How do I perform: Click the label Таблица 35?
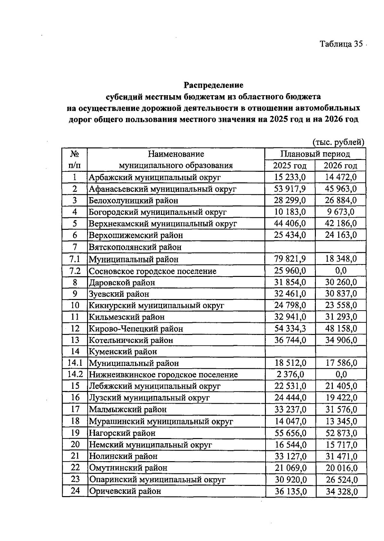tap(341, 44)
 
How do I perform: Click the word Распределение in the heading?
tap(213, 85)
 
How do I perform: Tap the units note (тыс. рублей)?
tap(338, 142)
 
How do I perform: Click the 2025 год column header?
tap(290, 166)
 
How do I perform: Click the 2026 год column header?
tap(340, 166)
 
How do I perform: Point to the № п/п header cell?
tap(75, 160)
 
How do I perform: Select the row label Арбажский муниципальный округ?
tap(155, 177)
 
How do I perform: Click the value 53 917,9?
tap(290, 189)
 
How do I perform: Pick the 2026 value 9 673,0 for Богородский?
tap(340, 212)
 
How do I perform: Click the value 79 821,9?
tap(290, 259)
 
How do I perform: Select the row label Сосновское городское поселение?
tap(152, 271)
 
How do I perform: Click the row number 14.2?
tap(75, 374)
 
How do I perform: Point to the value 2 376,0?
tap(290, 374)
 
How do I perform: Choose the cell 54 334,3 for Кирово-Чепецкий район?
tap(290, 329)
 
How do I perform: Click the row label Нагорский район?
tap(122, 433)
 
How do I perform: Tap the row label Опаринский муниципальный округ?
tap(157, 479)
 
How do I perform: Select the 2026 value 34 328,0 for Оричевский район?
tap(341, 491)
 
